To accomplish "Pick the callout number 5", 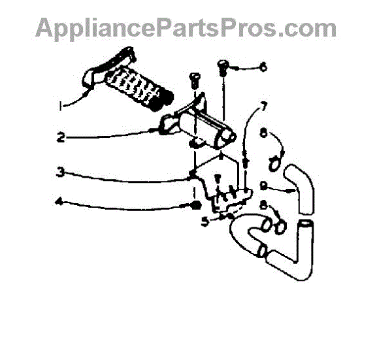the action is pyautogui.click(x=206, y=221).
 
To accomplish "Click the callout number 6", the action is pyautogui.click(x=263, y=67).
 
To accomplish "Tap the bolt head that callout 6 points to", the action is pyautogui.click(x=222, y=65).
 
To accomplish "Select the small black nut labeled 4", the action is pyautogui.click(x=195, y=206).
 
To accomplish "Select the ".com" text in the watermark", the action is pyautogui.click(x=307, y=29).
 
